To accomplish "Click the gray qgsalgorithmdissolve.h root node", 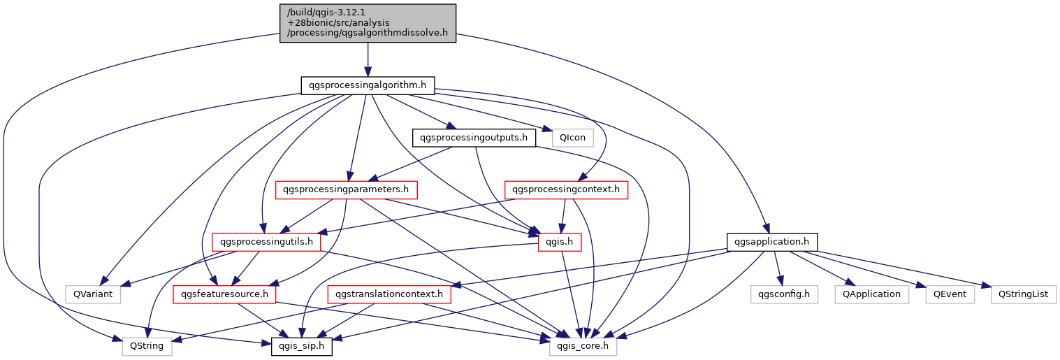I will coord(368,23).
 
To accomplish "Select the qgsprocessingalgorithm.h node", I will coord(368,85).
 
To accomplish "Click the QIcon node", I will coord(572,138).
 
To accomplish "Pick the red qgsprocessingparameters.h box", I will coord(347,189).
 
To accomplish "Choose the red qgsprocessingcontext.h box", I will coord(566,189).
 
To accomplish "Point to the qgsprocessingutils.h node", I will coord(266,242).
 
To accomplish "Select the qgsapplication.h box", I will coord(772,242).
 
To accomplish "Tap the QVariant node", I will coord(93,294).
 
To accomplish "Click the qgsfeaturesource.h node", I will coord(225,294).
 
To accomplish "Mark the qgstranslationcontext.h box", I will coord(389,294).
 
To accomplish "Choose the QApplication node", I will coord(871,294).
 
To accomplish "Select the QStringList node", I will coord(1024,294).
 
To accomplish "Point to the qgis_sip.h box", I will coord(302,346).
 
